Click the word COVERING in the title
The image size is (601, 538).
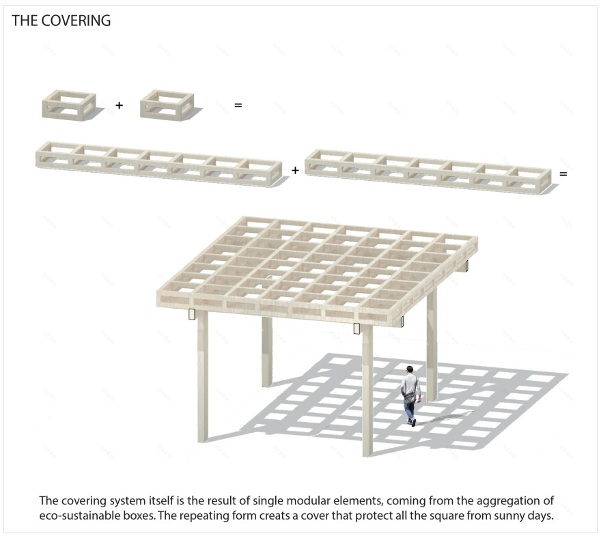[76, 20]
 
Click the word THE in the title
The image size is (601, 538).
[25, 20]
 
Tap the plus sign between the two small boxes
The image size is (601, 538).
[120, 104]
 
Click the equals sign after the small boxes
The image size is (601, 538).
[238, 105]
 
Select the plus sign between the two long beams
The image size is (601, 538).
[295, 170]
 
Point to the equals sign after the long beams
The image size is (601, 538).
[563, 174]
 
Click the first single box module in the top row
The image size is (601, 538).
[68, 105]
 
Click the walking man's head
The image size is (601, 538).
[410, 369]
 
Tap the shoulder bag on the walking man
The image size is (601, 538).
[409, 397]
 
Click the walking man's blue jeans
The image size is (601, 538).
[410, 410]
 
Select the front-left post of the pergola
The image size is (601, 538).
[203, 376]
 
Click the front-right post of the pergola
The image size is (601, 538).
[367, 391]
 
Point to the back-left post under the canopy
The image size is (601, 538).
[267, 352]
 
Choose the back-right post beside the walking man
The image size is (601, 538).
[432, 345]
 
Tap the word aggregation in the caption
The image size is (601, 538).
[507, 501]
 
